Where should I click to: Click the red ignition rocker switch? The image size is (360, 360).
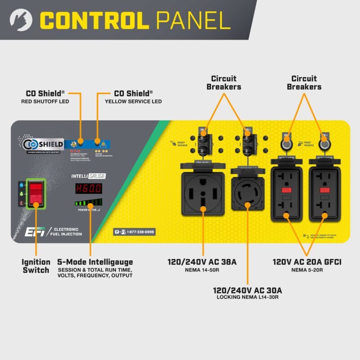click(x=35, y=193)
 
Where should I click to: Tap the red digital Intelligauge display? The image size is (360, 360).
click(x=88, y=189)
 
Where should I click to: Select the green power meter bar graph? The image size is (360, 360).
click(x=88, y=202)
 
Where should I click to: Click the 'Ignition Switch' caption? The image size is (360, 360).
click(x=36, y=266)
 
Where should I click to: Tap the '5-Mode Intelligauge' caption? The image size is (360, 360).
click(x=95, y=262)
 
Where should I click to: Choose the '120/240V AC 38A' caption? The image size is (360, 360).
click(x=202, y=262)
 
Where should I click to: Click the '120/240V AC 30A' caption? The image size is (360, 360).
click(x=248, y=290)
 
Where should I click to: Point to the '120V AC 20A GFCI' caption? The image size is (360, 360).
click(x=307, y=262)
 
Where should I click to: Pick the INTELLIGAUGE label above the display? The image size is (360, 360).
click(x=88, y=176)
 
